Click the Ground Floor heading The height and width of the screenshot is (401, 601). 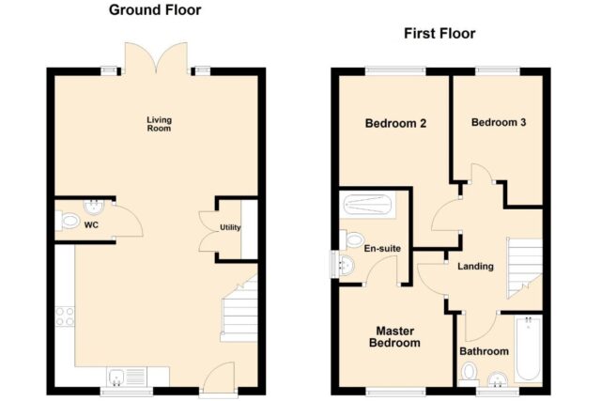click(x=155, y=10)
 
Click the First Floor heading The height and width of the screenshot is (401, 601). click(x=439, y=34)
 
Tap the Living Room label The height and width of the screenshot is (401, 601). click(x=159, y=124)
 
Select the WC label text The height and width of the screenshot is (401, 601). click(x=91, y=225)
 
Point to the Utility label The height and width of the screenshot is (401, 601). click(x=230, y=227)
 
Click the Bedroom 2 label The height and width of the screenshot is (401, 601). click(x=395, y=123)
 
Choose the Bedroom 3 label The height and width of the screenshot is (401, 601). click(x=499, y=123)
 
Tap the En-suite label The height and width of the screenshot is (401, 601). click(x=382, y=249)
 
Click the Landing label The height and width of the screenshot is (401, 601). click(x=475, y=266)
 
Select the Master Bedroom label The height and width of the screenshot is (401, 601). click(x=394, y=336)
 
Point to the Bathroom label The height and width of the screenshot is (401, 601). click(x=485, y=351)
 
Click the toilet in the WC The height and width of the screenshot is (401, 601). click(x=68, y=221)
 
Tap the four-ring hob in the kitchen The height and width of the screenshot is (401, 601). click(x=65, y=316)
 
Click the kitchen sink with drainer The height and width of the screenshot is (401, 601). click(x=127, y=377)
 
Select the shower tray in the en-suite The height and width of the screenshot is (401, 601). click(x=367, y=205)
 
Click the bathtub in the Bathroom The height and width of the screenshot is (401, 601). click(x=529, y=348)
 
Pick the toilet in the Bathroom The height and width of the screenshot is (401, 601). click(x=469, y=375)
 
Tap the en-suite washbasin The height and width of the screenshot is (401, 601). click(x=347, y=265)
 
